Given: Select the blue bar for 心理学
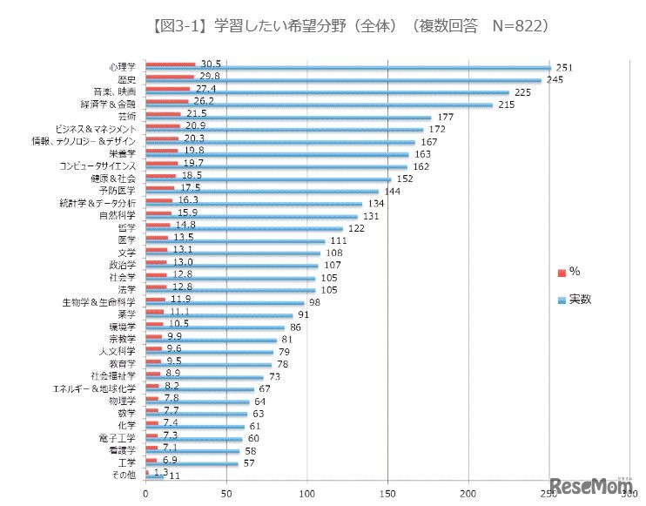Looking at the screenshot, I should pos(348,68).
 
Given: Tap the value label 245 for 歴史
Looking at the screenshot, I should pos(555,80).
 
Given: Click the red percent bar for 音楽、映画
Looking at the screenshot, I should pos(167,89).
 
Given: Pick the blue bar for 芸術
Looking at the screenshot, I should pos(287,118).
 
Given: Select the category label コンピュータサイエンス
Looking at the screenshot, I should pos(98,165).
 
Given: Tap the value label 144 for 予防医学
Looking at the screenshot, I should pos(393,191).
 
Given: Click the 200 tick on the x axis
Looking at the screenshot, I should pos(469,493).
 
